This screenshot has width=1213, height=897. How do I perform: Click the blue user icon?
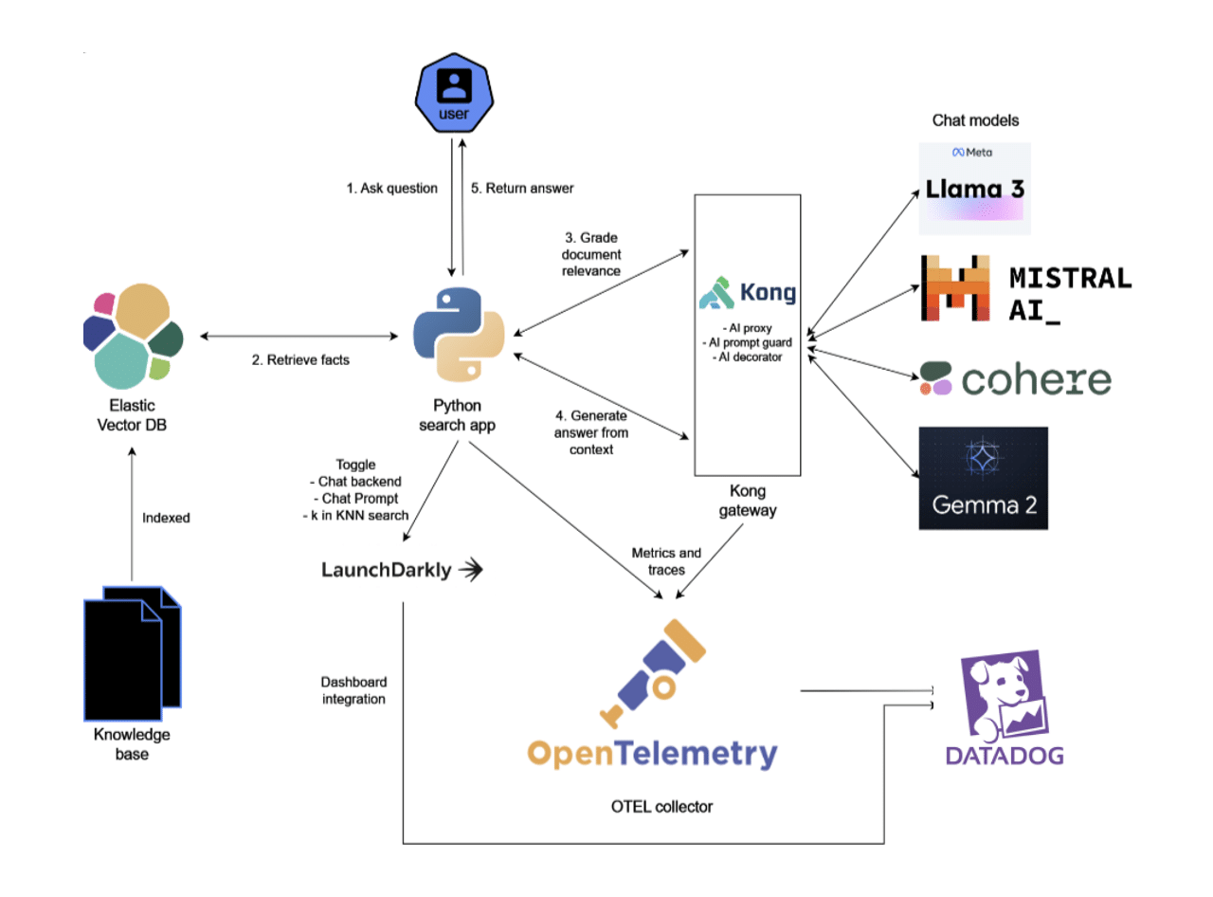456,94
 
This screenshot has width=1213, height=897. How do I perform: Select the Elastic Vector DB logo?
133,336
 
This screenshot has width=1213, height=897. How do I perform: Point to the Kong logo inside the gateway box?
748,293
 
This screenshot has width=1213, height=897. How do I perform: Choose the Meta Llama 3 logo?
974,188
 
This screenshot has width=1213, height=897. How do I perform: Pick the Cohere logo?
1014,378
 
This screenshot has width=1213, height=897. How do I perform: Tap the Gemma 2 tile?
983,477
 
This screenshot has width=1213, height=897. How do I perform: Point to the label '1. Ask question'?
391,188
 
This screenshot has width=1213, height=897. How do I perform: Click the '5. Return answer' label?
522,188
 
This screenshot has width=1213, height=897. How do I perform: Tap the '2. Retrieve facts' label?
301,360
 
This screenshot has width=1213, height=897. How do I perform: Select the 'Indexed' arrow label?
166,519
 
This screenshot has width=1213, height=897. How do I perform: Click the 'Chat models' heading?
975,120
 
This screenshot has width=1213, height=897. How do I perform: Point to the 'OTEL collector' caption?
661,807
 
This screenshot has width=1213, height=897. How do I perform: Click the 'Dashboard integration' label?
353,690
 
